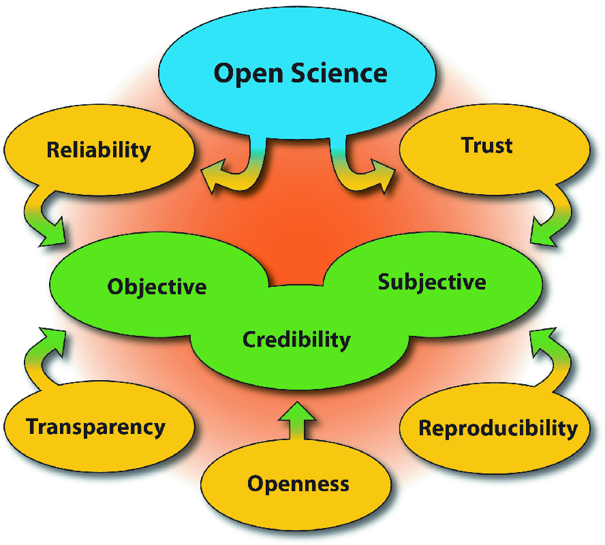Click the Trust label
[486, 144]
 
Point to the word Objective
[157, 286]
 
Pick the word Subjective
[432, 281]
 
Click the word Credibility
[296, 339]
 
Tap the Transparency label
[95, 427]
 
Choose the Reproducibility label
[498, 429]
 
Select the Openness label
[298, 484]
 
